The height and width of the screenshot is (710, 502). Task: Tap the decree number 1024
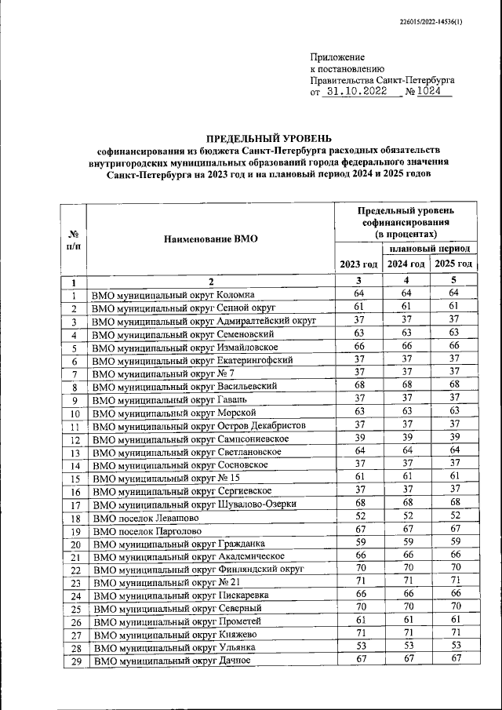429,92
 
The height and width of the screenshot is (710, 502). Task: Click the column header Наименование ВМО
210,238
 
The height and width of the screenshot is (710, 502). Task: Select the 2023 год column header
358,264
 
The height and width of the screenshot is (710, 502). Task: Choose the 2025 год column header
454,264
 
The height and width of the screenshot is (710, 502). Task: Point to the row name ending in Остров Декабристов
195,426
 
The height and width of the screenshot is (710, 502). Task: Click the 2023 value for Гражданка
358,542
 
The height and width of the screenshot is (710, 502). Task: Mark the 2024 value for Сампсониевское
406,438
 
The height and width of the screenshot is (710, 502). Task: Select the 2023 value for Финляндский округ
358,568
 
